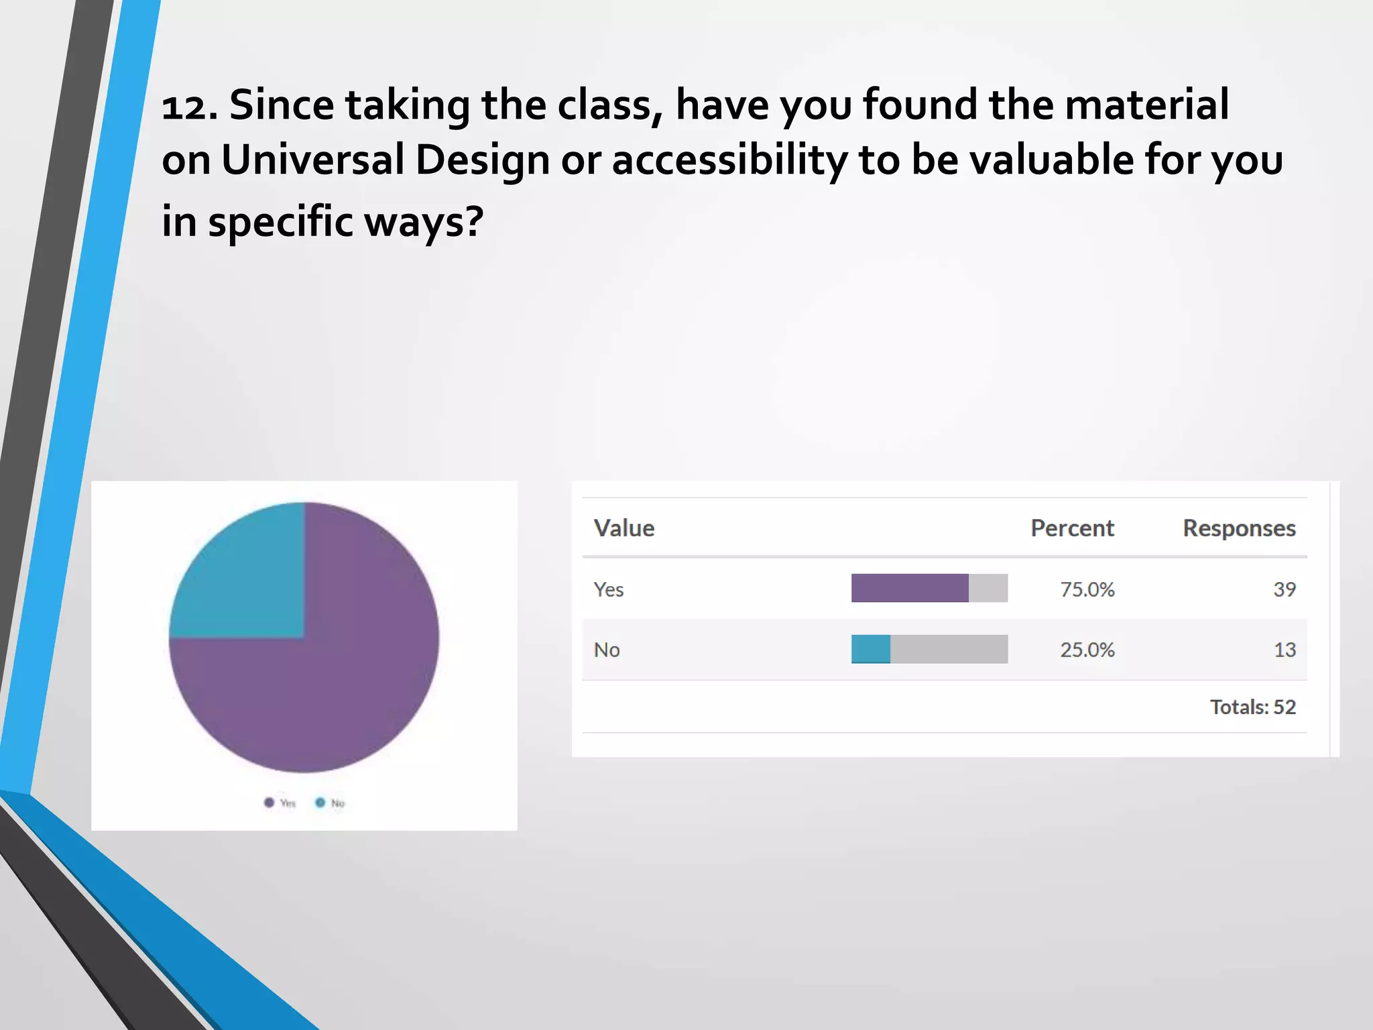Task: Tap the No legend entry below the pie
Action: [331, 803]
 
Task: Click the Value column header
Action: [623, 528]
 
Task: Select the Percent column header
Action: [1071, 528]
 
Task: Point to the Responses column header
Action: [1238, 528]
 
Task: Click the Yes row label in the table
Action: [608, 589]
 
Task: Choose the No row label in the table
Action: [607, 650]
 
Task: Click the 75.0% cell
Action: [1087, 589]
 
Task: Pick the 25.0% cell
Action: [1087, 650]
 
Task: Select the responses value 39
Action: [1284, 589]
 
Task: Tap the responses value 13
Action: [1284, 650]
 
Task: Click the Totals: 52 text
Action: [1252, 707]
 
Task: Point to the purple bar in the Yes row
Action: [909, 588]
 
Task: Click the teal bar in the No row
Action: [870, 649]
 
